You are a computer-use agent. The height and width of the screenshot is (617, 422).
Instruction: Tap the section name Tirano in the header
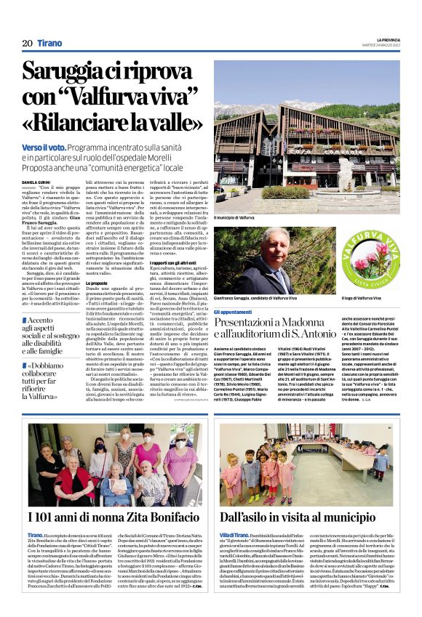click(49, 44)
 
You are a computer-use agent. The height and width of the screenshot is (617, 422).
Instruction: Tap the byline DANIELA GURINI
click(39, 182)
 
